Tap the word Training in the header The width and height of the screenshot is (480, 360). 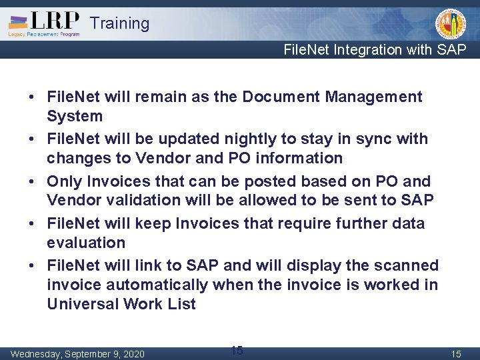pyautogui.click(x=119, y=23)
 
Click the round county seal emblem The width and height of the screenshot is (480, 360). pyautogui.click(x=451, y=23)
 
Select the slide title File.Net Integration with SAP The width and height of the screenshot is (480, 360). pyautogui.click(x=375, y=50)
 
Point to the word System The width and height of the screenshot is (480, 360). pyautogui.click(x=75, y=117)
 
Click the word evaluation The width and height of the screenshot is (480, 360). pyautogui.click(x=86, y=243)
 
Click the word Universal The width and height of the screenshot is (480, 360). pyautogui.click(x=83, y=305)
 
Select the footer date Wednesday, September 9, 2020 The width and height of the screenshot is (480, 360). pyautogui.click(x=77, y=354)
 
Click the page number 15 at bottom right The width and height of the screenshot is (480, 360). pyautogui.click(x=456, y=354)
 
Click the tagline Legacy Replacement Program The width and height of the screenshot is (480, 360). pyautogui.click(x=44, y=34)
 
